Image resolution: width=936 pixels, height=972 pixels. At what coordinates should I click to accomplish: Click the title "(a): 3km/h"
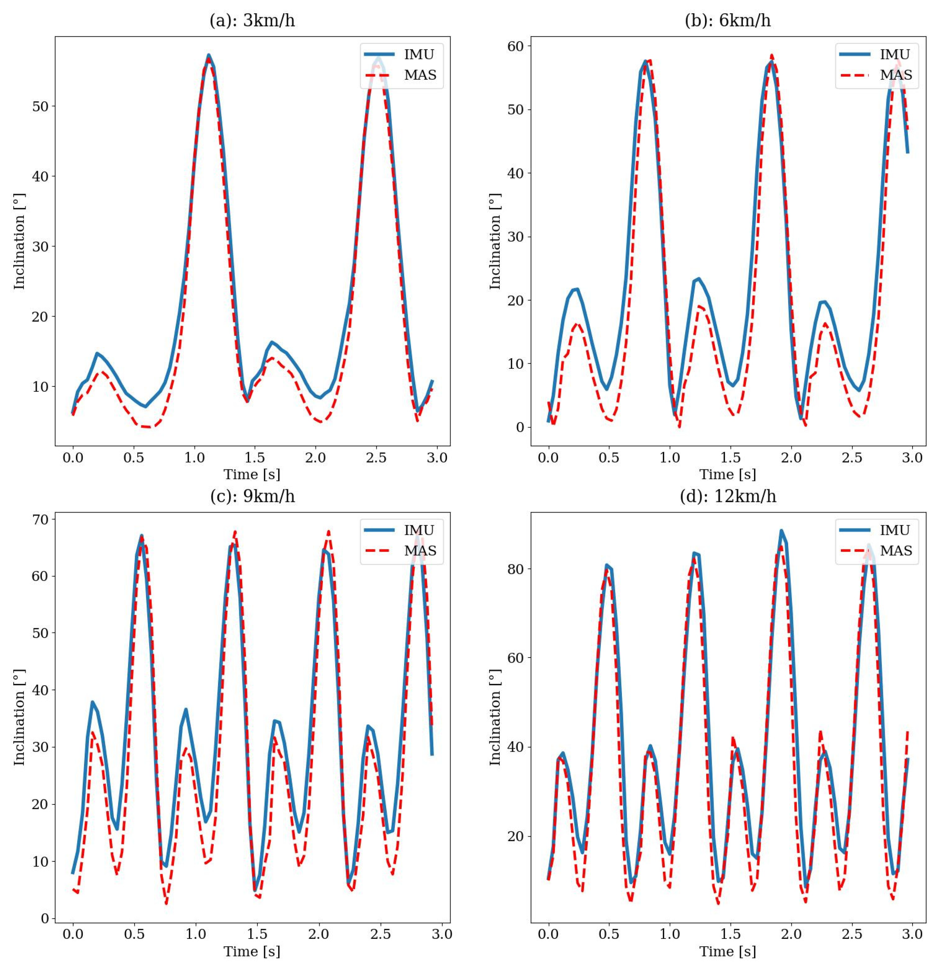(252, 21)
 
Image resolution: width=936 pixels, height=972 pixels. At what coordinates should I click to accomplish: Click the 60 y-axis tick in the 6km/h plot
(516, 46)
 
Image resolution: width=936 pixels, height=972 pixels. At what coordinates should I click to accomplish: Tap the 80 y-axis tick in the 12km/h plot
(516, 569)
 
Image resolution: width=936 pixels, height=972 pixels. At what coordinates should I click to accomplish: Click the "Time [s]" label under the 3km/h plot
(252, 474)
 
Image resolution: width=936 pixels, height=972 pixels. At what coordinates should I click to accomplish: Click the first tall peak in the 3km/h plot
(209, 55)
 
